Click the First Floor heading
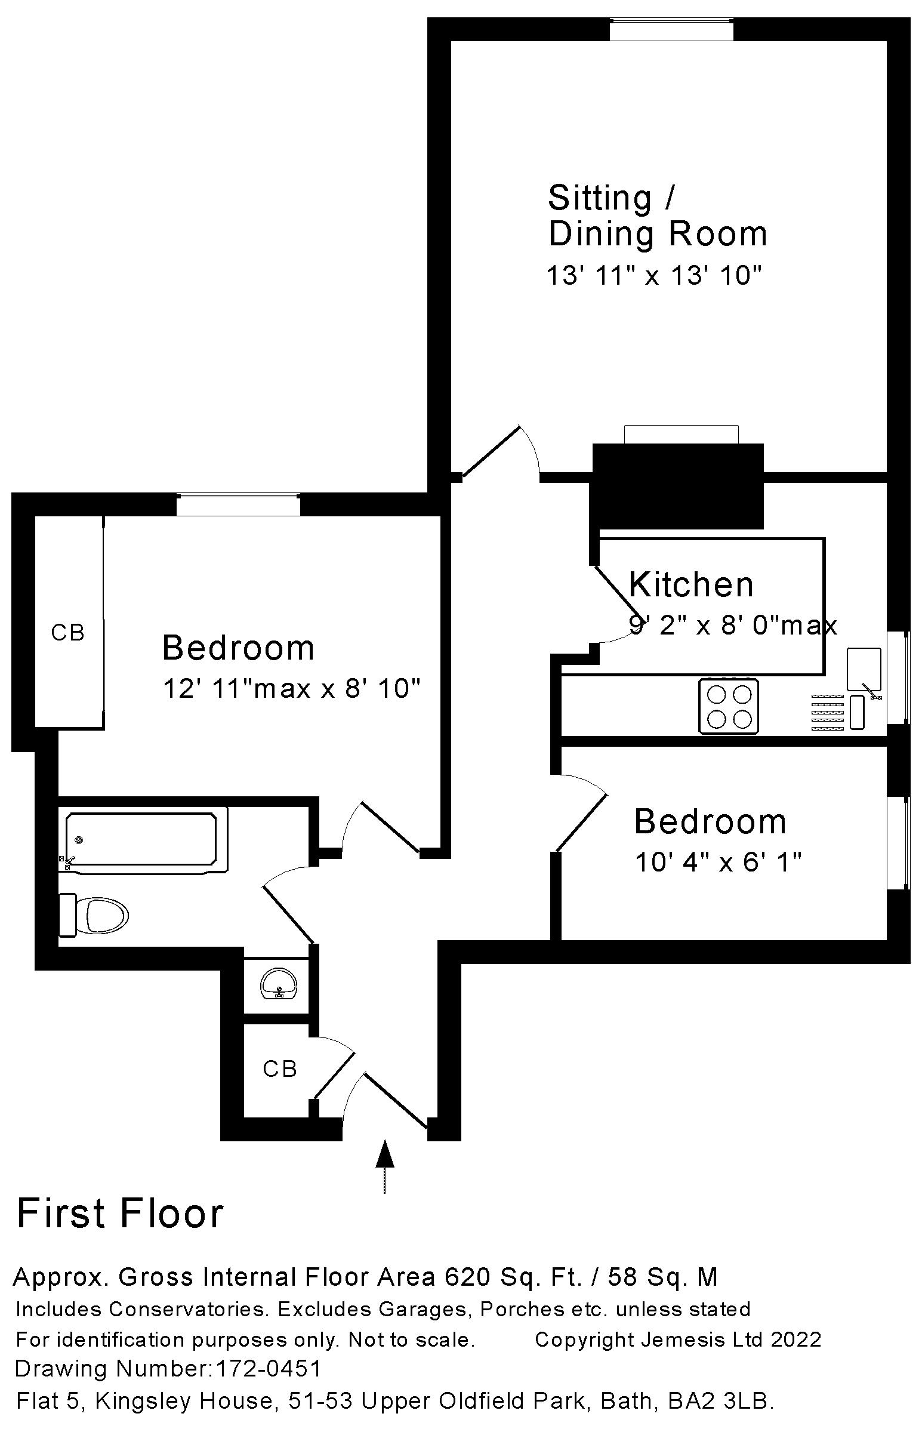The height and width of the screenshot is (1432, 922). coord(121,1214)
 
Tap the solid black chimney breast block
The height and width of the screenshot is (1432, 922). coord(678,485)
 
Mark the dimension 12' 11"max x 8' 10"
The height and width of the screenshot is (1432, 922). coord(292,689)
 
